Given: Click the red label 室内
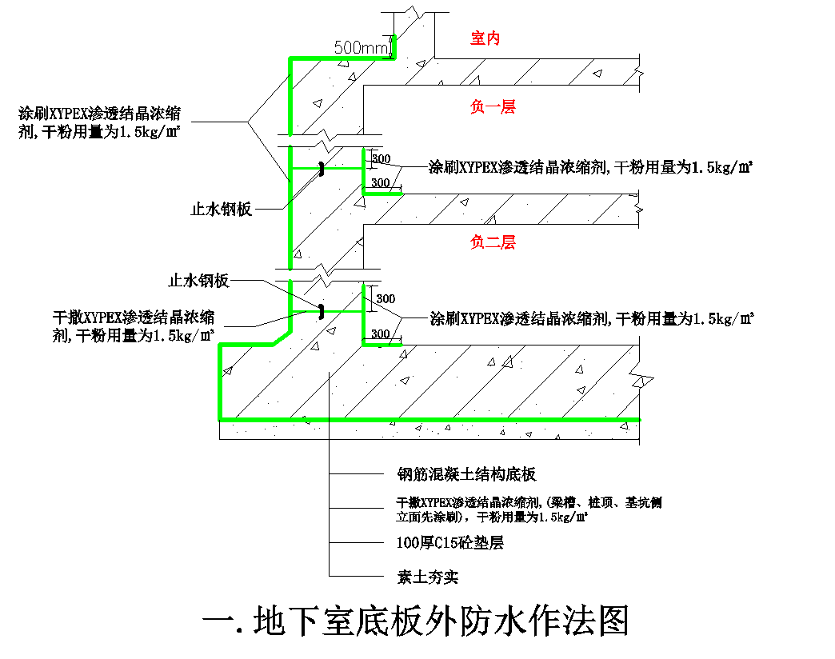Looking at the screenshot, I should pos(485,38).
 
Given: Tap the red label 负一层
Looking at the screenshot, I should pos(493,106).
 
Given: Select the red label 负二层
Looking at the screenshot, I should pos(493,242).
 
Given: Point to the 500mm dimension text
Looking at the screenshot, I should pos(361,48).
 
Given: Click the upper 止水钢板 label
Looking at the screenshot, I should pos(222,210).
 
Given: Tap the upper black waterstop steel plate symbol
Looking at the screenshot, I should pos(321,169).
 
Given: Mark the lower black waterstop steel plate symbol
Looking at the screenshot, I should pos(321,310).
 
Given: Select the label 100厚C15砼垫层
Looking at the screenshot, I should pos(450,543).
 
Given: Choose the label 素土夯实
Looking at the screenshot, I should pos(428,577).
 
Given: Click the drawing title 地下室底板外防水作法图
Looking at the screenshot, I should pos(416,621).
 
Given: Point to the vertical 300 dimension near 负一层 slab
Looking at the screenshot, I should pos(382,159).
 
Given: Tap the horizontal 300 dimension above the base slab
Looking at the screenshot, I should pos(382,334).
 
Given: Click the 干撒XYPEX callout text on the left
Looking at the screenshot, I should pos(134,326).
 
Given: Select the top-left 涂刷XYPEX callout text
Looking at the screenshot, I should pos(100,122).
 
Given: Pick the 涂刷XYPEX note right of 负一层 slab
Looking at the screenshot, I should pos(592,167).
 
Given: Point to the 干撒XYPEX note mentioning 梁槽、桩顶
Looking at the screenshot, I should pos(529,509).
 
